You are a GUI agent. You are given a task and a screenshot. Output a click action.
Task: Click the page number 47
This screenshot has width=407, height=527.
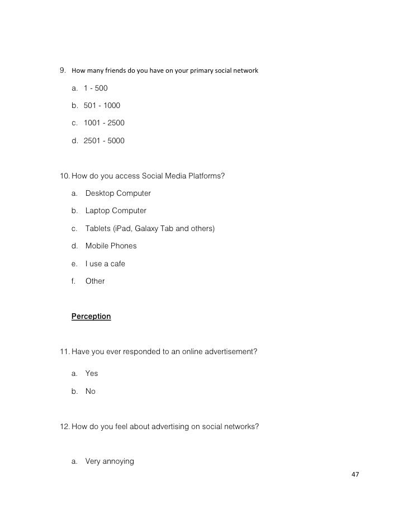pos(355,474)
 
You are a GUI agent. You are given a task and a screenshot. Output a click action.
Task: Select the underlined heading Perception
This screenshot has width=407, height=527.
pos(91,317)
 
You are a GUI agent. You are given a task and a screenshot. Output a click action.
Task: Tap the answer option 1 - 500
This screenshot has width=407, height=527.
pos(96,88)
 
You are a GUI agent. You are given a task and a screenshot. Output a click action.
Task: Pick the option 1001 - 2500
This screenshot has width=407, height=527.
pos(104,124)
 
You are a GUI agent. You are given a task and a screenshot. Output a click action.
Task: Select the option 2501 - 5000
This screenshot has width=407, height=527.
pos(104,142)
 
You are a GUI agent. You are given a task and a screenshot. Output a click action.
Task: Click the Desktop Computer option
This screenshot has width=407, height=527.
pos(118,194)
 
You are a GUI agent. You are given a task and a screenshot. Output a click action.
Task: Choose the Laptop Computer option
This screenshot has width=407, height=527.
pos(116,211)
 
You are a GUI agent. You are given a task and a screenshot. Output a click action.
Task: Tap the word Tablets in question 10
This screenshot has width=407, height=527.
pos(98,229)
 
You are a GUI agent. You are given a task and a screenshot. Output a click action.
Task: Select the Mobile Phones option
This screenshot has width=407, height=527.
pos(111,246)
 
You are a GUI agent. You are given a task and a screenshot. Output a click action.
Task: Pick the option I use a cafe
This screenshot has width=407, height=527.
pos(105,263)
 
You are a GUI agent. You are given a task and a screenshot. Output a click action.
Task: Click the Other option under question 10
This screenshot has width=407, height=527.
pos(95,281)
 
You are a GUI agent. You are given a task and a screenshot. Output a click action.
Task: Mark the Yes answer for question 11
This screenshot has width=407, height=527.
pos(92,374)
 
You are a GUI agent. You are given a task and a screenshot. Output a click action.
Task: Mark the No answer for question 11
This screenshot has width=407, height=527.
pos(91,392)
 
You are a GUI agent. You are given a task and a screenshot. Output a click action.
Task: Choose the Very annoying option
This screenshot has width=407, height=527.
pos(110,462)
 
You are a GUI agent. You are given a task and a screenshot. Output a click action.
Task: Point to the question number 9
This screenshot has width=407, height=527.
pos(63,71)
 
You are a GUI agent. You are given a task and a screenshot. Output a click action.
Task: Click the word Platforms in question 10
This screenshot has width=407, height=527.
pos(206,176)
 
